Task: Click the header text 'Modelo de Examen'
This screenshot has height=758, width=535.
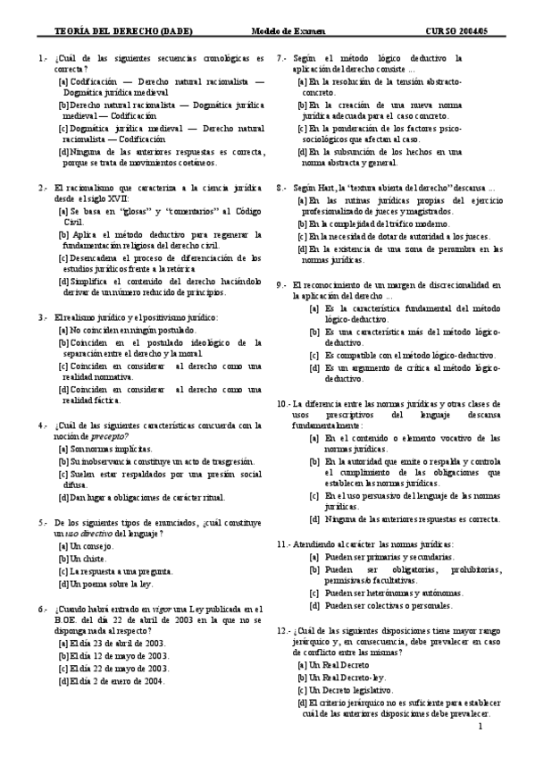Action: point(305,31)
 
